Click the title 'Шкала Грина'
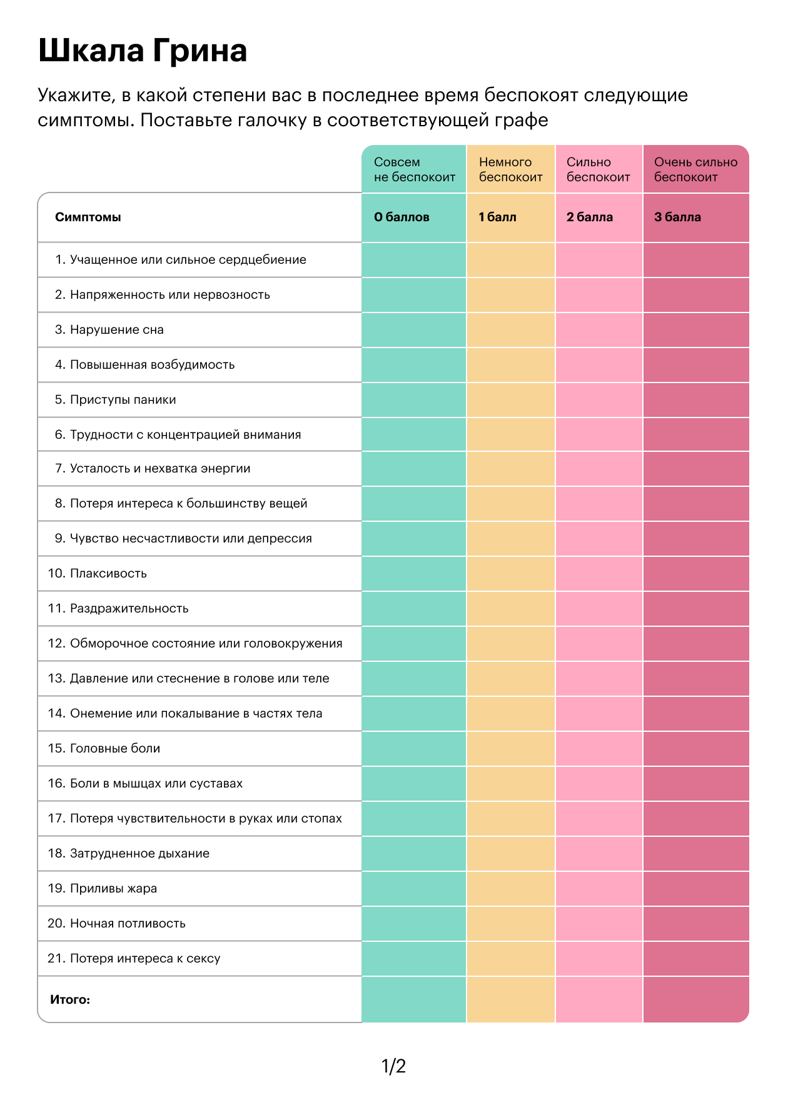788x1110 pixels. coord(143,51)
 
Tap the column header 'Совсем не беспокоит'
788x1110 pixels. coord(415,169)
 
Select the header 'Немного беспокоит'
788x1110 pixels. coord(511,169)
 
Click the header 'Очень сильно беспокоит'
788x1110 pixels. coord(696,169)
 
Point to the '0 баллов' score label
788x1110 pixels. coord(402,217)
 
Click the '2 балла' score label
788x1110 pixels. coord(590,217)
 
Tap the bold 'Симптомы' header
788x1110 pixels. coord(88,217)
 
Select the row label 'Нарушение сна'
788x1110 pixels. coord(117,329)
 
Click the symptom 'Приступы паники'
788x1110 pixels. coord(123,399)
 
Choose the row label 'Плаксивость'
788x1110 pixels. coord(108,573)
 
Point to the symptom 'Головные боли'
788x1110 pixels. coord(115,748)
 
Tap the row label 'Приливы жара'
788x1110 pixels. coord(113,888)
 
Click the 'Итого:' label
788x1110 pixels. coord(70,999)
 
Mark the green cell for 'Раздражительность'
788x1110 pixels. coord(414,609)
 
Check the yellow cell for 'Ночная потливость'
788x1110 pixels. coord(511,924)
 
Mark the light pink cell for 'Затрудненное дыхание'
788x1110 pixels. coord(599,854)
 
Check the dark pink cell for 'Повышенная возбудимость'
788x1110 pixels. coord(696,365)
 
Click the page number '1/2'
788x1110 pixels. coord(394,1066)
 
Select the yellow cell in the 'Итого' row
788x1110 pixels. coord(511,999)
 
